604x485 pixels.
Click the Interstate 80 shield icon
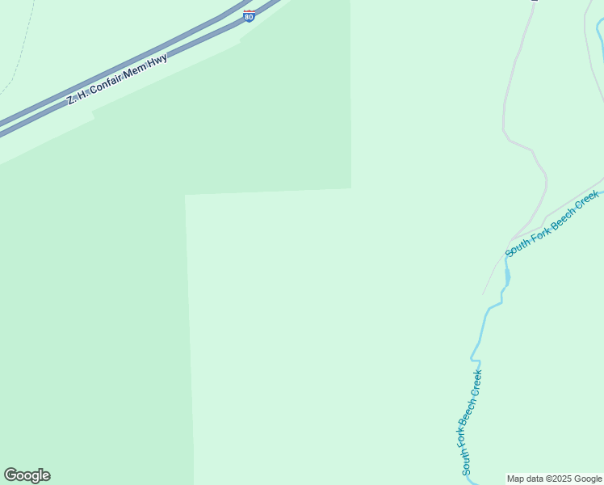click(x=249, y=16)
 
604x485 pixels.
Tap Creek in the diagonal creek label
click(x=587, y=200)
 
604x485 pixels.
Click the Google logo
click(x=27, y=475)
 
